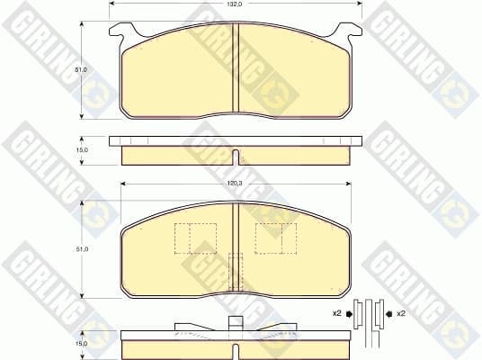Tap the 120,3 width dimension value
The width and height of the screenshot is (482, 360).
[236, 184]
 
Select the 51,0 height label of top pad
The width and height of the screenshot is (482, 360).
[81, 70]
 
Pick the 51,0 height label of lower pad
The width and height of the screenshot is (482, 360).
[82, 249]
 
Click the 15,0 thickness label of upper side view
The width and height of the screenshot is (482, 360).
[82, 150]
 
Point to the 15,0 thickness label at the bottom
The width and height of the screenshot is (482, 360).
[81, 344]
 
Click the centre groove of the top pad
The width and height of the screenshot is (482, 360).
[236, 67]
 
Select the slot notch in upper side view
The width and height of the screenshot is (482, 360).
[236, 157]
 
